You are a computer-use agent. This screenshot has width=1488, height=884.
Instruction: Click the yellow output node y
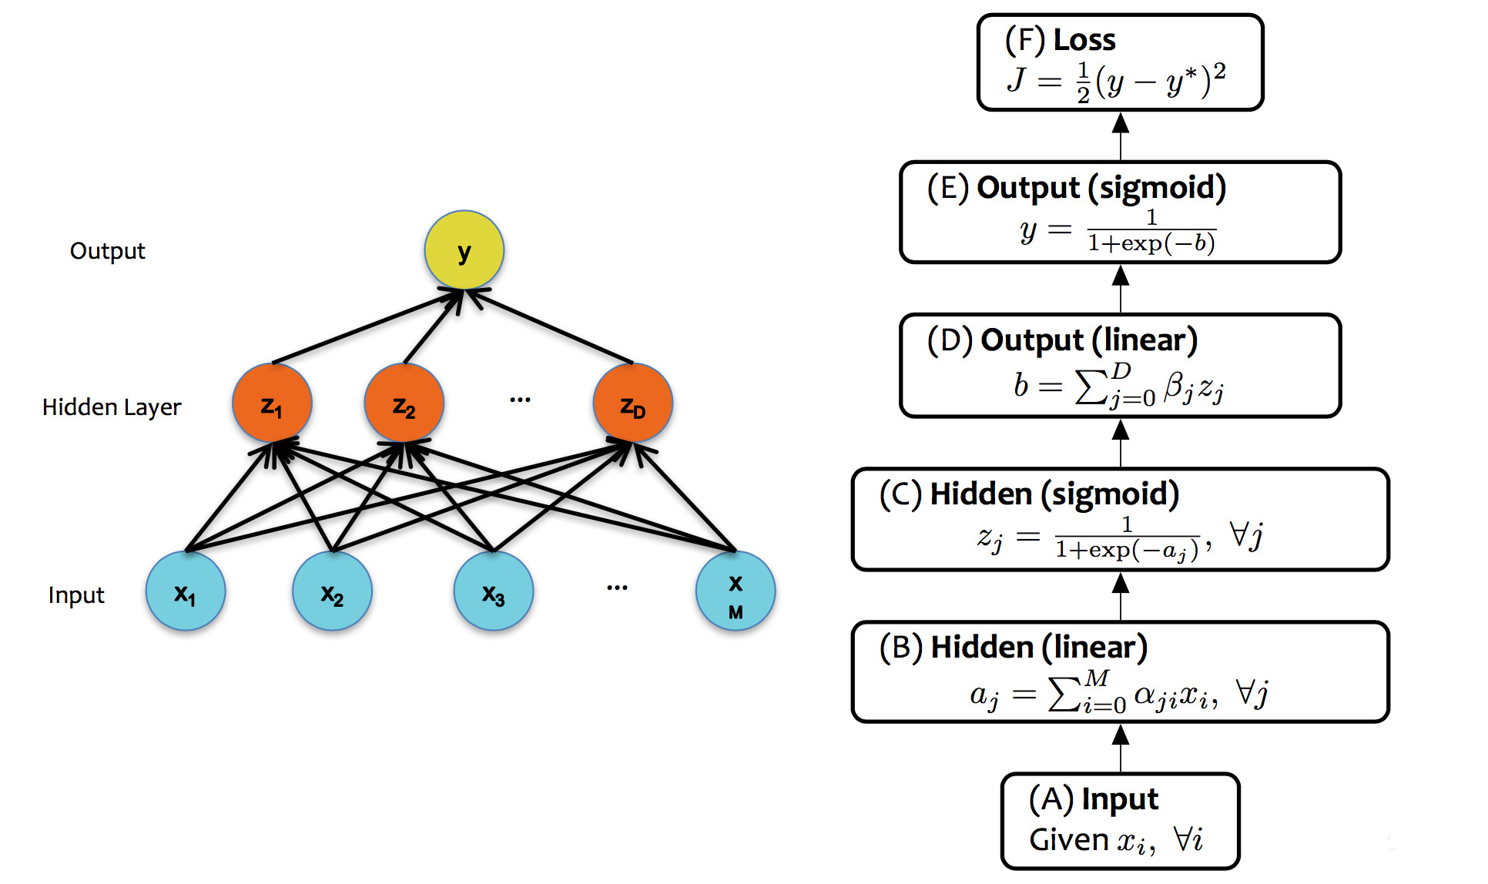click(x=464, y=250)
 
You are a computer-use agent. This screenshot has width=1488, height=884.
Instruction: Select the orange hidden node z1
click(x=272, y=403)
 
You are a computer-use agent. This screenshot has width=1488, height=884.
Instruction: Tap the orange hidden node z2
click(x=404, y=403)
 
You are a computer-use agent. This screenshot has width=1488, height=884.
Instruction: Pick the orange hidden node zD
click(x=632, y=403)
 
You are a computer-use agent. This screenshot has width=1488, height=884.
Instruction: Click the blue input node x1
click(x=186, y=591)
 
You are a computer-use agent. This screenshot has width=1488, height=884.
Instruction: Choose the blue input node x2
click(x=332, y=591)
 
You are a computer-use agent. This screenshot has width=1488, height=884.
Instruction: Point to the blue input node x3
click(x=494, y=591)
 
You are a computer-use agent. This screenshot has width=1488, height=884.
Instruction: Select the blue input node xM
click(x=736, y=591)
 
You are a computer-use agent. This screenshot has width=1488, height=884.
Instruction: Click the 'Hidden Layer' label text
click(x=112, y=407)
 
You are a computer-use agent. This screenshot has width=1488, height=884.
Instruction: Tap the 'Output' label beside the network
click(x=107, y=251)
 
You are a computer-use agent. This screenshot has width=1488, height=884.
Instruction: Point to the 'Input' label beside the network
click(x=75, y=594)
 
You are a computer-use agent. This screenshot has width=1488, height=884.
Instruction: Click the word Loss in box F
click(x=1084, y=40)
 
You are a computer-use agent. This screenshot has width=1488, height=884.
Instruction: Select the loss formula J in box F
click(x=1116, y=80)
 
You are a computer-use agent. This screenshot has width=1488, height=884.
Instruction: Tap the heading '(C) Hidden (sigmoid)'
click(x=1029, y=494)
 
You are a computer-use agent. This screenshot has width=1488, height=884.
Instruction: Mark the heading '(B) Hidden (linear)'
click(x=1013, y=648)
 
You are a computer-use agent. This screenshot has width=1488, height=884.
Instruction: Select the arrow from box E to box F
click(x=1121, y=136)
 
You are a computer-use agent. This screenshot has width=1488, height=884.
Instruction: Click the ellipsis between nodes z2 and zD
click(x=520, y=400)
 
